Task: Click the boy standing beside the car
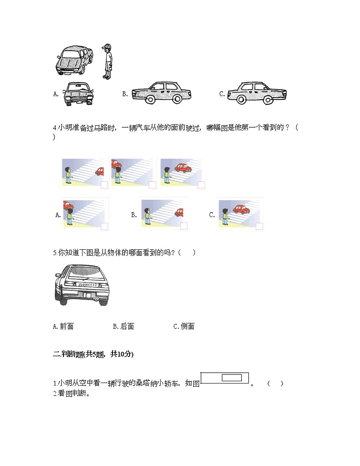[107, 62]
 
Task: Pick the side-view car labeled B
[161, 93]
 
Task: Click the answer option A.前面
[63, 326]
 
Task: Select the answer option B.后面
[123, 326]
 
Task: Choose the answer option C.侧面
[184, 326]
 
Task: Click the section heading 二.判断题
[93, 354]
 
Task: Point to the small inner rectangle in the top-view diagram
[232, 378]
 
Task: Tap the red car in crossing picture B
[179, 212]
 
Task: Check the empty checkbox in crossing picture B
[184, 226]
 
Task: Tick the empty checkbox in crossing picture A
[104, 226]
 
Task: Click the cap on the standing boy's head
[107, 47]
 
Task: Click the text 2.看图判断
[72, 393]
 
